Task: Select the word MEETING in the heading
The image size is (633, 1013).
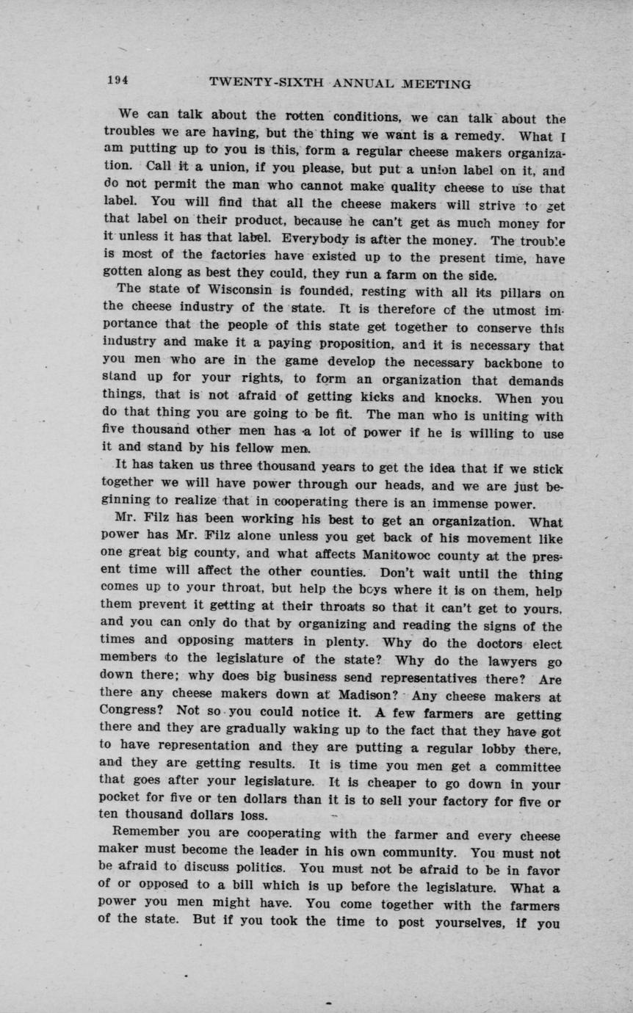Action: tap(435, 84)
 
